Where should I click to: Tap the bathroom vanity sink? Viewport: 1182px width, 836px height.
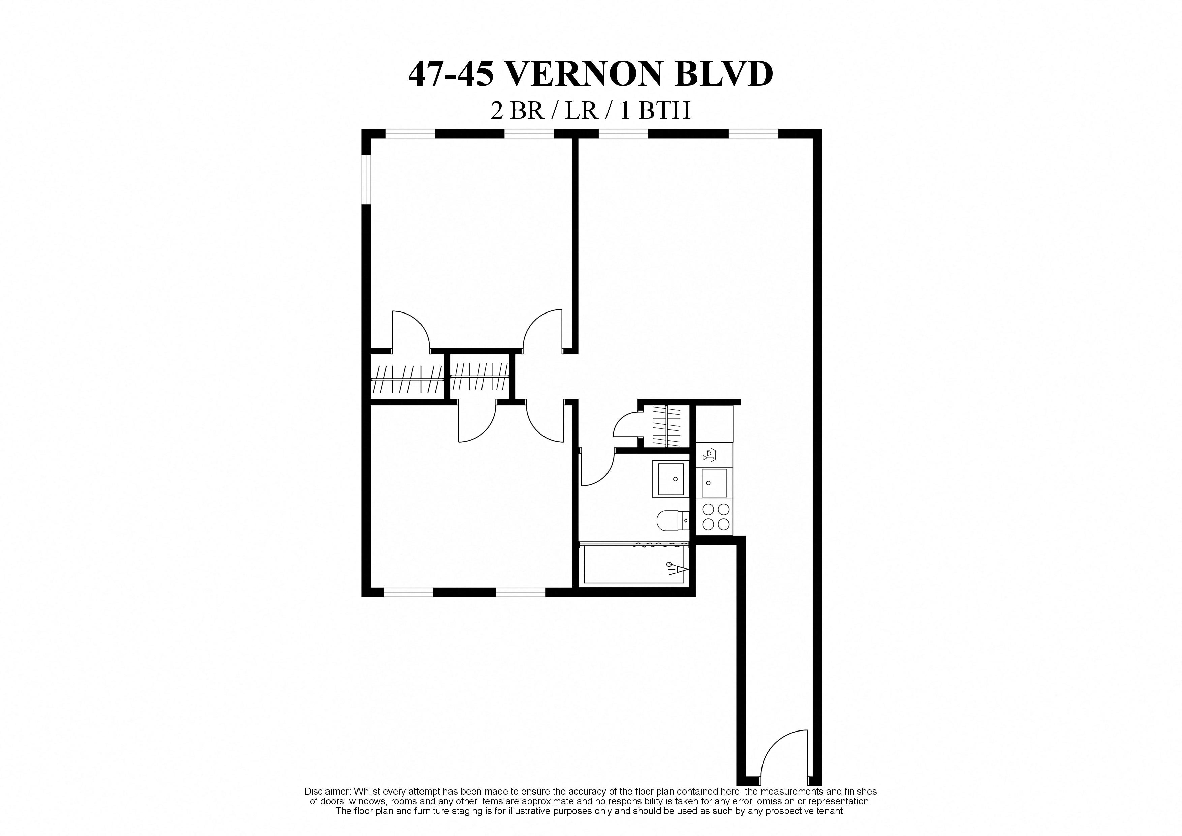671,479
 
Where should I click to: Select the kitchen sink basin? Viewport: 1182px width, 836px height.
714,483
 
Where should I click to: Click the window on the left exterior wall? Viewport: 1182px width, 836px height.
366,180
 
